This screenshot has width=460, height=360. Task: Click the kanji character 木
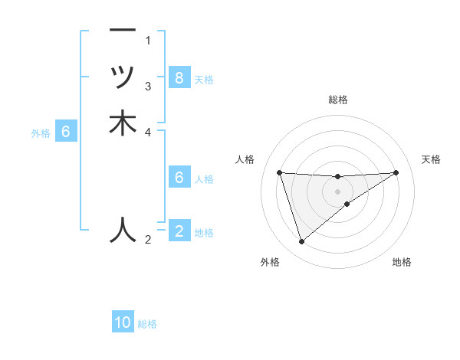123,123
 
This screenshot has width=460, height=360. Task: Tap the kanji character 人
123,230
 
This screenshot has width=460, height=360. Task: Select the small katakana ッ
123,77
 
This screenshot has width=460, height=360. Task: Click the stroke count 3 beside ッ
148,86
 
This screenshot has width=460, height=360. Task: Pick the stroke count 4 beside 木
148,132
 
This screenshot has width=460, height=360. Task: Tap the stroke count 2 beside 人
148,241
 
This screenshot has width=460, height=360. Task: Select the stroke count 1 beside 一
148,40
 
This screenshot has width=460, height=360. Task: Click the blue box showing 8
179,77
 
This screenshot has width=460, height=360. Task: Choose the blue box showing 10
123,322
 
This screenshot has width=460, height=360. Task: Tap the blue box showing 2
179,231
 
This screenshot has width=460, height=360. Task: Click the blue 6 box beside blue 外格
66,132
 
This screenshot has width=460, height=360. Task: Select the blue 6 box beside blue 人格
179,178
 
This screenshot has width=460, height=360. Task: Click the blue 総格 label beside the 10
147,324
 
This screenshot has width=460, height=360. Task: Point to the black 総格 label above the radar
338,100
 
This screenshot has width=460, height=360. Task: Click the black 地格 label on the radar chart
402,263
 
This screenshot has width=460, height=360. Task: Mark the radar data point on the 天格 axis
396,172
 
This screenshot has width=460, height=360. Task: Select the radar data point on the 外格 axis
301,242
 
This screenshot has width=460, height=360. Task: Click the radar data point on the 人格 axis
279,172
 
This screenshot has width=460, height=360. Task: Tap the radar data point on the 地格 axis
347,204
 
